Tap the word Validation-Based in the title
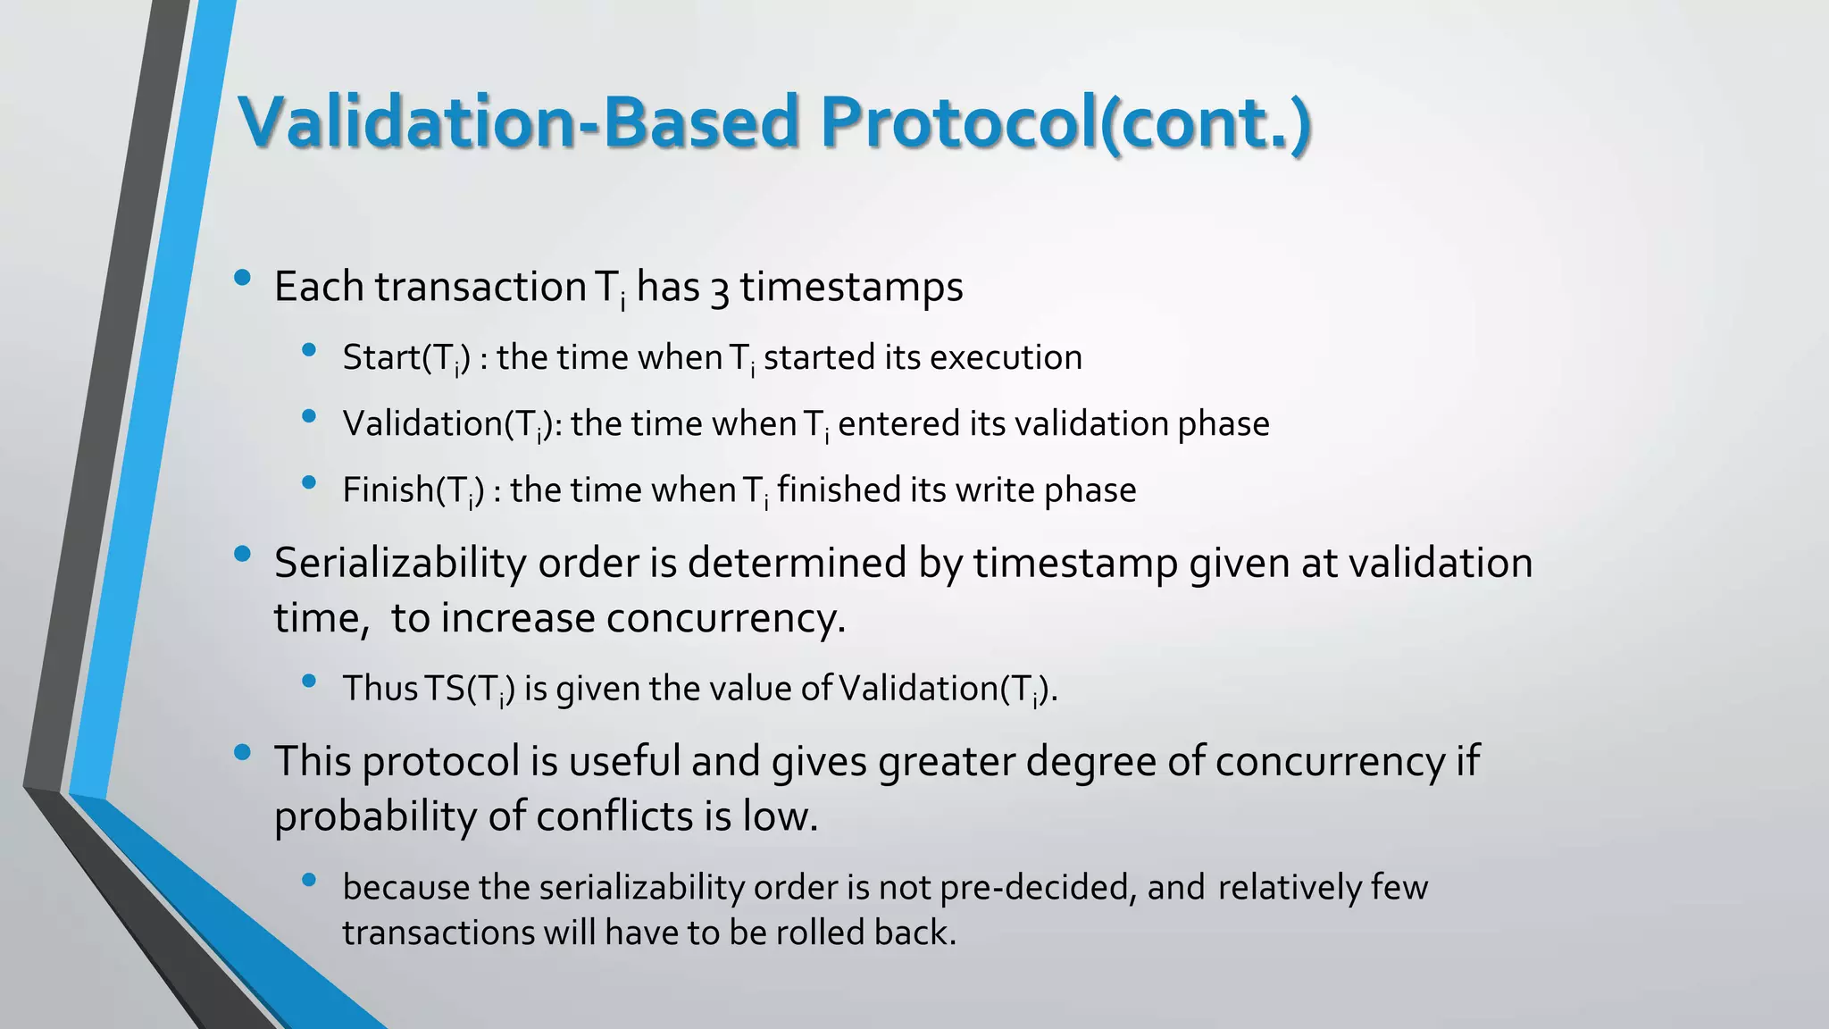[x=519, y=122]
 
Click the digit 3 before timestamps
[x=719, y=289]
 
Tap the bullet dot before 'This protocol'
[x=242, y=753]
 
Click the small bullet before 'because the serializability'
[x=310, y=880]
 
